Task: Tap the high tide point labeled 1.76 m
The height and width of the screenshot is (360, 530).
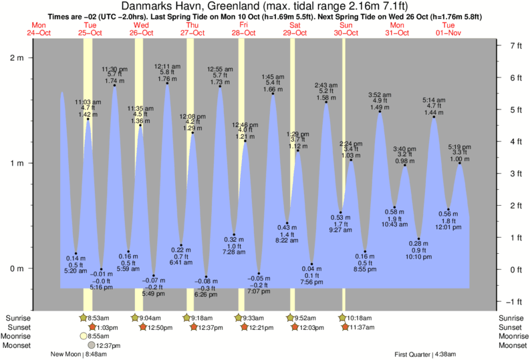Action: coord(167,83)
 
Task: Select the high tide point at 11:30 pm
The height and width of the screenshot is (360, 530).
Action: coord(115,85)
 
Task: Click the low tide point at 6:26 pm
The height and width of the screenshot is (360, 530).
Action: coord(206,277)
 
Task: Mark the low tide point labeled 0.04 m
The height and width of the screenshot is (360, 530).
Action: coord(311,264)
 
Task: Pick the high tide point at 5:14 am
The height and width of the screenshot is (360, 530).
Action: coord(434,117)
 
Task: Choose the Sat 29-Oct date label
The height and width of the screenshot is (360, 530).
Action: coord(295,29)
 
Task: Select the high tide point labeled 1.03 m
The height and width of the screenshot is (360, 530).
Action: coord(351,160)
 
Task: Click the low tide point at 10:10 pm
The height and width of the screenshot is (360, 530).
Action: coord(419,239)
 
